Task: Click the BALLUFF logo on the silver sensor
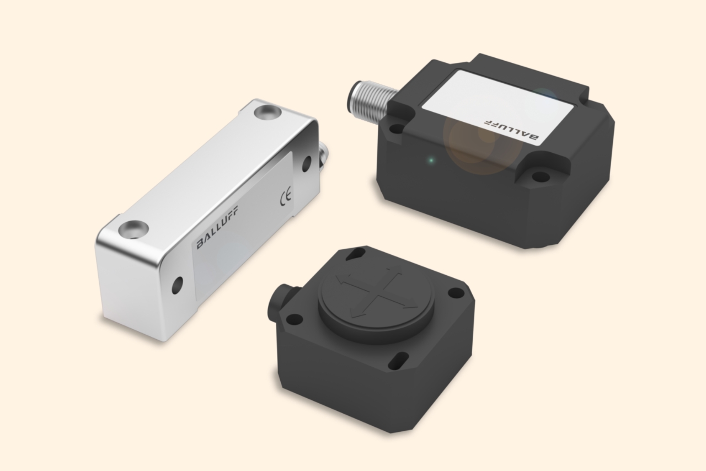[217, 227]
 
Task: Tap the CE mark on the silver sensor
[286, 196]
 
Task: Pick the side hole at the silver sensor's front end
[177, 285]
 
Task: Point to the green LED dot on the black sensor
[431, 160]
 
